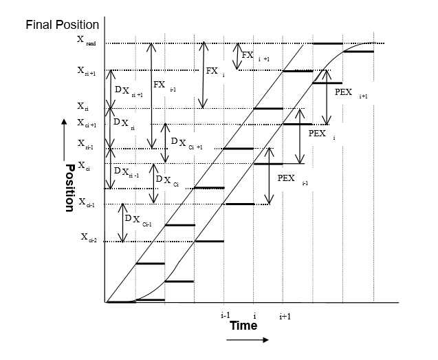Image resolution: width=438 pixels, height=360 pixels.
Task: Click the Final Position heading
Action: point(63,25)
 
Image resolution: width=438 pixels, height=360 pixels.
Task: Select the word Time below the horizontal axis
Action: point(243,325)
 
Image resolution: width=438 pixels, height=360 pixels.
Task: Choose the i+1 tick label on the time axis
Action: point(285,316)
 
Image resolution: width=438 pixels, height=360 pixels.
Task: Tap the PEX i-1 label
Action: point(292,179)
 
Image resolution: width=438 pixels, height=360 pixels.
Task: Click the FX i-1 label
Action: point(164,87)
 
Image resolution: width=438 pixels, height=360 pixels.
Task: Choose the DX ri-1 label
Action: point(127,172)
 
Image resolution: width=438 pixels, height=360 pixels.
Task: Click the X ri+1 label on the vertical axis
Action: point(87,70)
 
